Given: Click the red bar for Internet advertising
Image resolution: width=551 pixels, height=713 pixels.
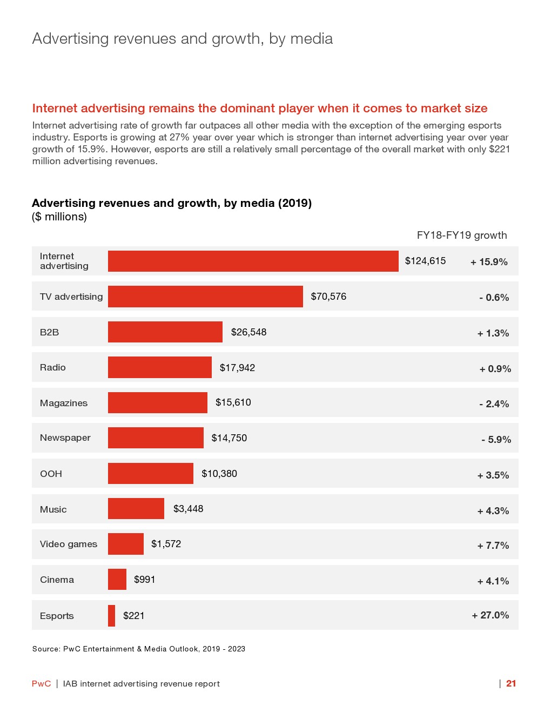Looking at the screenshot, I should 253,261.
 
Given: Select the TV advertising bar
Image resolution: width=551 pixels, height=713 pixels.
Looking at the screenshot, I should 205,297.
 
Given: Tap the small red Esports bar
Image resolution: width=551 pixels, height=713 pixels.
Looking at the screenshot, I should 111,616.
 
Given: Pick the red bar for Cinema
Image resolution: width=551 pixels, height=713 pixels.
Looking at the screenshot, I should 117,580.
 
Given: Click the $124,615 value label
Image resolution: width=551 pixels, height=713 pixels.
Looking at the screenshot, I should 425,261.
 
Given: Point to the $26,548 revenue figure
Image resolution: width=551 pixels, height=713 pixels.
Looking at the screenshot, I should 248,332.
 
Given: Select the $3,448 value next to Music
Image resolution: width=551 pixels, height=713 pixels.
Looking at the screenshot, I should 188,509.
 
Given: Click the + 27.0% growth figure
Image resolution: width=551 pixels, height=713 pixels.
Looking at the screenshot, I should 490,615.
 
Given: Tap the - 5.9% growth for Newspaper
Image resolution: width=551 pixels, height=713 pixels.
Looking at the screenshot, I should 496,440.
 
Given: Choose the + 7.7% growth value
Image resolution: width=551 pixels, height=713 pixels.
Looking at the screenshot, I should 493,546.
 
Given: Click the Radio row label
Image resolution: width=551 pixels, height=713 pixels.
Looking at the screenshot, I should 53,367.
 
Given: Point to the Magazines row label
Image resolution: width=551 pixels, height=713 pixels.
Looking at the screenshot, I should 64,403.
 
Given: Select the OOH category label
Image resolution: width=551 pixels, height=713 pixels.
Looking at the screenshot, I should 51,474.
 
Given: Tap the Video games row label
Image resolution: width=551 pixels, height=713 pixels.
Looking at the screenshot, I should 69,544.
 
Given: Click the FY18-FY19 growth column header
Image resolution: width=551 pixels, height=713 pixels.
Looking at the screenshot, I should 462,235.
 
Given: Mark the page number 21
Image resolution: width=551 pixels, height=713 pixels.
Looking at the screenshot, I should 511,683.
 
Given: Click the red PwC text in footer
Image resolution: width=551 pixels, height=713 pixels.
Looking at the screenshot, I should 41,684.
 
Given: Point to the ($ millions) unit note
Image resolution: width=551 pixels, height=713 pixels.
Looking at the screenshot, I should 59,217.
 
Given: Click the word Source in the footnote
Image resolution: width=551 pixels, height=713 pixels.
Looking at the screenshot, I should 45,649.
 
